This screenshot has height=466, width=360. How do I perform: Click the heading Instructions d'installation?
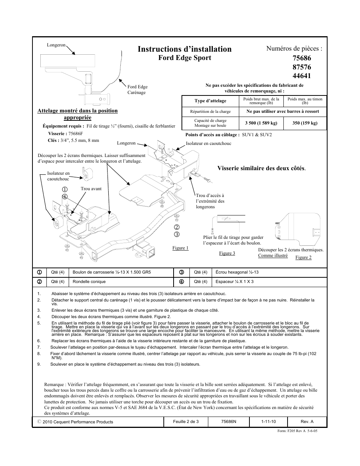point(185,49)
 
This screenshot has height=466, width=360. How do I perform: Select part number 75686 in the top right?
point(302,58)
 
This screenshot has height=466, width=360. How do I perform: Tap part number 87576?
point(302,67)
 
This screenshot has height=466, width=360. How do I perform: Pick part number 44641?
point(302,75)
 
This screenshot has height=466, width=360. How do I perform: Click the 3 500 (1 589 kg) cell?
point(261,123)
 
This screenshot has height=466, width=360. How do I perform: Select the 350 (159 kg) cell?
point(305,123)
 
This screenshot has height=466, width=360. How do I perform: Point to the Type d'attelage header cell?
point(210,101)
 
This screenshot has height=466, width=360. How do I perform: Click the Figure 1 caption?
point(180,248)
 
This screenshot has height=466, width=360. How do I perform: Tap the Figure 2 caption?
point(303,257)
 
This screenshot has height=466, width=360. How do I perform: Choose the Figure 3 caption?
point(227,253)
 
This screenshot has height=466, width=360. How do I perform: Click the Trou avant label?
point(91,189)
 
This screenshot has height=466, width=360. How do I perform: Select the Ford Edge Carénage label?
point(137,89)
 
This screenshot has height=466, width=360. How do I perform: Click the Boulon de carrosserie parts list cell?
point(112,272)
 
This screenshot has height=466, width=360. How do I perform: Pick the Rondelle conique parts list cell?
point(89,281)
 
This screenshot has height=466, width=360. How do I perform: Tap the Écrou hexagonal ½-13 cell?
point(237,272)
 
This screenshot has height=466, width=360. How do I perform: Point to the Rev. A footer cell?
point(307,421)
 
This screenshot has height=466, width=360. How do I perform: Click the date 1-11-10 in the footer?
point(268,421)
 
